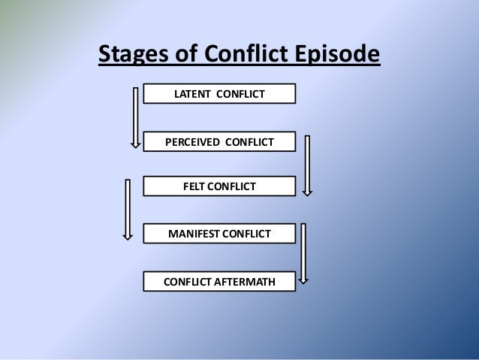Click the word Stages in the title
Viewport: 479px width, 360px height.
click(134, 54)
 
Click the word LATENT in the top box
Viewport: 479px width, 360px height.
click(192, 94)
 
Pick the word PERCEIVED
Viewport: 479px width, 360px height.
click(192, 142)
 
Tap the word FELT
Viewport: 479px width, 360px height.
click(194, 186)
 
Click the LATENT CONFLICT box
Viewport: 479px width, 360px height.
click(219, 94)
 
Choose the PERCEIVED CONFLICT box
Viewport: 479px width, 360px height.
click(219, 141)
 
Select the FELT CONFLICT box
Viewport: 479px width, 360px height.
click(219, 186)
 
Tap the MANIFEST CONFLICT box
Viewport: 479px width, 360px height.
click(219, 234)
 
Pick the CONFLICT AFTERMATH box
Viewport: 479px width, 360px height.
click(219, 281)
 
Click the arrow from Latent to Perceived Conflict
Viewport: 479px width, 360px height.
click(136, 118)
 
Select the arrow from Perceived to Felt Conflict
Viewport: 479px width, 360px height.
click(307, 165)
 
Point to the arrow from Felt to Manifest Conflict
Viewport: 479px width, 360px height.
click(128, 210)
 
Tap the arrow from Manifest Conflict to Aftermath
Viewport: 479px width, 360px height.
click(303, 253)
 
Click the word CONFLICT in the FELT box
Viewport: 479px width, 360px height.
click(231, 186)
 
